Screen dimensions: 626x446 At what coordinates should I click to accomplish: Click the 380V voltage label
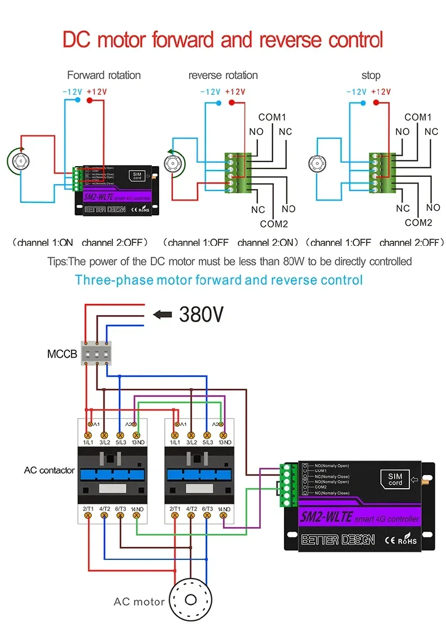tap(200, 314)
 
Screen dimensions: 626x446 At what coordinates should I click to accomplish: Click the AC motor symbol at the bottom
tap(191, 601)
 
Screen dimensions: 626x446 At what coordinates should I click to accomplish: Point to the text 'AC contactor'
tap(49, 470)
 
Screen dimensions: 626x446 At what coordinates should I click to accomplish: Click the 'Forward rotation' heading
tap(104, 75)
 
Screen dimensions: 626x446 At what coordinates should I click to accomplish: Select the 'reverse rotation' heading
tap(223, 75)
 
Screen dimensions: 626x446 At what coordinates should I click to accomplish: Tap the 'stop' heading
tap(371, 75)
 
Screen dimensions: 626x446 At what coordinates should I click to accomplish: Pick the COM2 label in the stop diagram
tap(418, 223)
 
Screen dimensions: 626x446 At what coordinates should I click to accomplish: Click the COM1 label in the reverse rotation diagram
tap(273, 118)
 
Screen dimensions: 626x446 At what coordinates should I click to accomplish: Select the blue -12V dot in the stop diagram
tap(362, 102)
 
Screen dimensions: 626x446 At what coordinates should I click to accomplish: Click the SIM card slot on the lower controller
tap(395, 479)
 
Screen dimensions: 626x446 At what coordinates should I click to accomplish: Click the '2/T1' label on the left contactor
tap(88, 509)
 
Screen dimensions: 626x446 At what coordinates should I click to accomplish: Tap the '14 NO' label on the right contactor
tap(224, 509)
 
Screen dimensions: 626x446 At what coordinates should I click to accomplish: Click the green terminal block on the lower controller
tap(288, 484)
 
